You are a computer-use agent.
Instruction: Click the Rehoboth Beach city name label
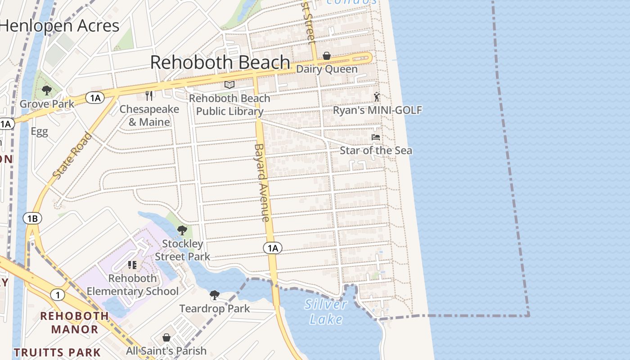point(220,62)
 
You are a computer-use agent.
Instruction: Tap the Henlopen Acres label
point(59,26)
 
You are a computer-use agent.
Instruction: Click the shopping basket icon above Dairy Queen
point(327,56)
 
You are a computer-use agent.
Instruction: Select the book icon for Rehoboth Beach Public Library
point(229,85)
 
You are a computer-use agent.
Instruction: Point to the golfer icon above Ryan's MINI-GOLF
point(377,96)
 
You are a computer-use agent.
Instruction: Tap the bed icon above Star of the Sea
point(376,137)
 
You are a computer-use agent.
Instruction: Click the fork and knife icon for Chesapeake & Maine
point(149,95)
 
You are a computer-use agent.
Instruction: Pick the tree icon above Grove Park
point(46,90)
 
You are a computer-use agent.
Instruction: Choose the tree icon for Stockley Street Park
point(182,230)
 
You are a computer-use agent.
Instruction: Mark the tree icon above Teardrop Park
point(215,295)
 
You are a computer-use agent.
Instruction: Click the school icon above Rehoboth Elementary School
point(132,265)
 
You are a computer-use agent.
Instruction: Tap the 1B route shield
point(32,219)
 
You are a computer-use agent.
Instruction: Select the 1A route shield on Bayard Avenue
point(272,247)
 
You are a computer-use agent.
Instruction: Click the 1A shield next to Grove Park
point(95,98)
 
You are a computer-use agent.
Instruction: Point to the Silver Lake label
point(326,312)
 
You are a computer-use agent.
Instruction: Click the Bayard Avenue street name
point(262,182)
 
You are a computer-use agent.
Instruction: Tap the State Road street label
point(72,155)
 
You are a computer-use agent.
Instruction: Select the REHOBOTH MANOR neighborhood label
point(75,323)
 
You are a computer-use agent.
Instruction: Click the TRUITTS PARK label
point(57,352)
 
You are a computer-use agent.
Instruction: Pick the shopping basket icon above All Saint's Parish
point(166,337)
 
